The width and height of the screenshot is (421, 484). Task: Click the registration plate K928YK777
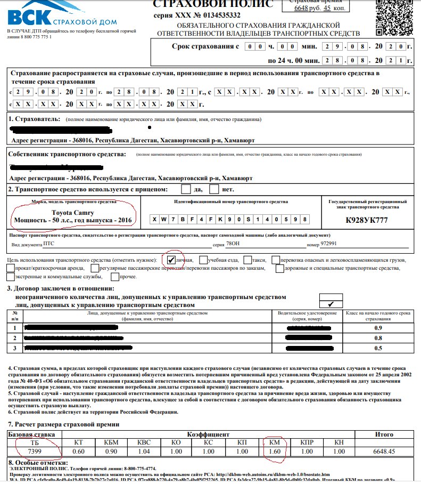(x=368, y=220)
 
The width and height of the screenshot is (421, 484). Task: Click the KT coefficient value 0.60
(x=79, y=452)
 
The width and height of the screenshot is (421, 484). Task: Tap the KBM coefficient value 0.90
(x=111, y=452)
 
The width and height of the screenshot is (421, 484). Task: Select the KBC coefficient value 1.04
(x=144, y=452)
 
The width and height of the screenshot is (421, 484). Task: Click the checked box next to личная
(x=171, y=260)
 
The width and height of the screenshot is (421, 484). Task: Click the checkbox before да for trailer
(x=186, y=189)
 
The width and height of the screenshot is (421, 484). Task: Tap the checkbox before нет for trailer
(x=214, y=189)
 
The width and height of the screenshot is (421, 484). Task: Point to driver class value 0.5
(x=378, y=348)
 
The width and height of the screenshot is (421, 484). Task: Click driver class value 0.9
(x=378, y=328)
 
